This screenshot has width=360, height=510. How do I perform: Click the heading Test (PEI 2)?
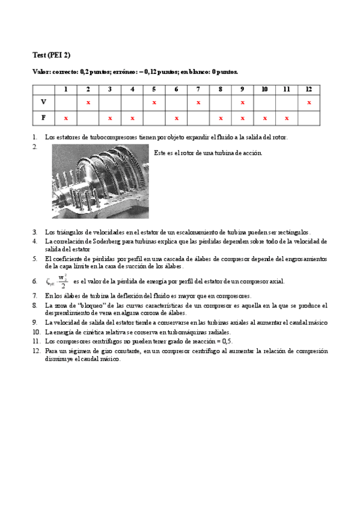(x=51, y=55)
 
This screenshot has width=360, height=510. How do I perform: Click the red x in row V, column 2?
(x=88, y=102)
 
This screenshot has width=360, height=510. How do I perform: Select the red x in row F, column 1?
(x=66, y=118)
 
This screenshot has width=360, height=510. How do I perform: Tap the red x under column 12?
(x=309, y=102)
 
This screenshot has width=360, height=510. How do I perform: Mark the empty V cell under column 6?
(x=176, y=102)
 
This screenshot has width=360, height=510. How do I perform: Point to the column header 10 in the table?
(x=264, y=89)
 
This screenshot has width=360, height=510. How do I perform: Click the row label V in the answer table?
(x=43, y=102)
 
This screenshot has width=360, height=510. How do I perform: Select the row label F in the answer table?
(x=43, y=118)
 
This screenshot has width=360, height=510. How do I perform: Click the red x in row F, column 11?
(x=287, y=118)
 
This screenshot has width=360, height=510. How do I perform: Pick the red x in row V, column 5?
(x=154, y=102)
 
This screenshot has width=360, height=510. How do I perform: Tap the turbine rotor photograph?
(x=100, y=181)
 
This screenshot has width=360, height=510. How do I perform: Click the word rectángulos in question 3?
(x=291, y=232)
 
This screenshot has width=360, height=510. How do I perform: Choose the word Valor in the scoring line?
(x=41, y=72)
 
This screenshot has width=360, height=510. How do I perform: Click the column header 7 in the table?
(x=198, y=89)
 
